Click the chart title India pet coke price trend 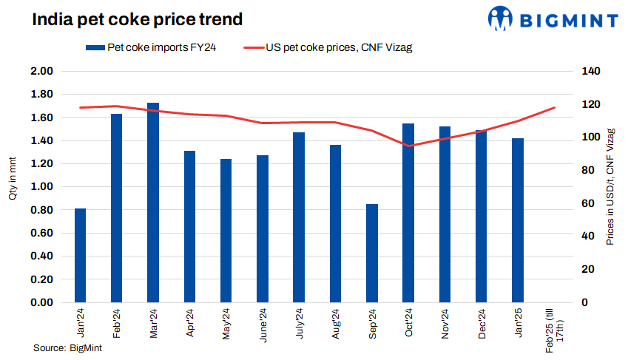tap(137, 19)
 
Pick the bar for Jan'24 tap(80, 255)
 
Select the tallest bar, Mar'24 tap(153, 203)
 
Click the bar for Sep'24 tap(372, 253)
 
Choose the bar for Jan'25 tap(518, 220)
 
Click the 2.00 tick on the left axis tap(42, 71)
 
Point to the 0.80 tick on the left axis tap(42, 210)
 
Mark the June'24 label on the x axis tap(263, 324)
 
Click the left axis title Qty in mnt tap(13, 185)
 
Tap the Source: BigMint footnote tap(67, 348)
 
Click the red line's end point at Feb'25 tap(554, 108)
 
